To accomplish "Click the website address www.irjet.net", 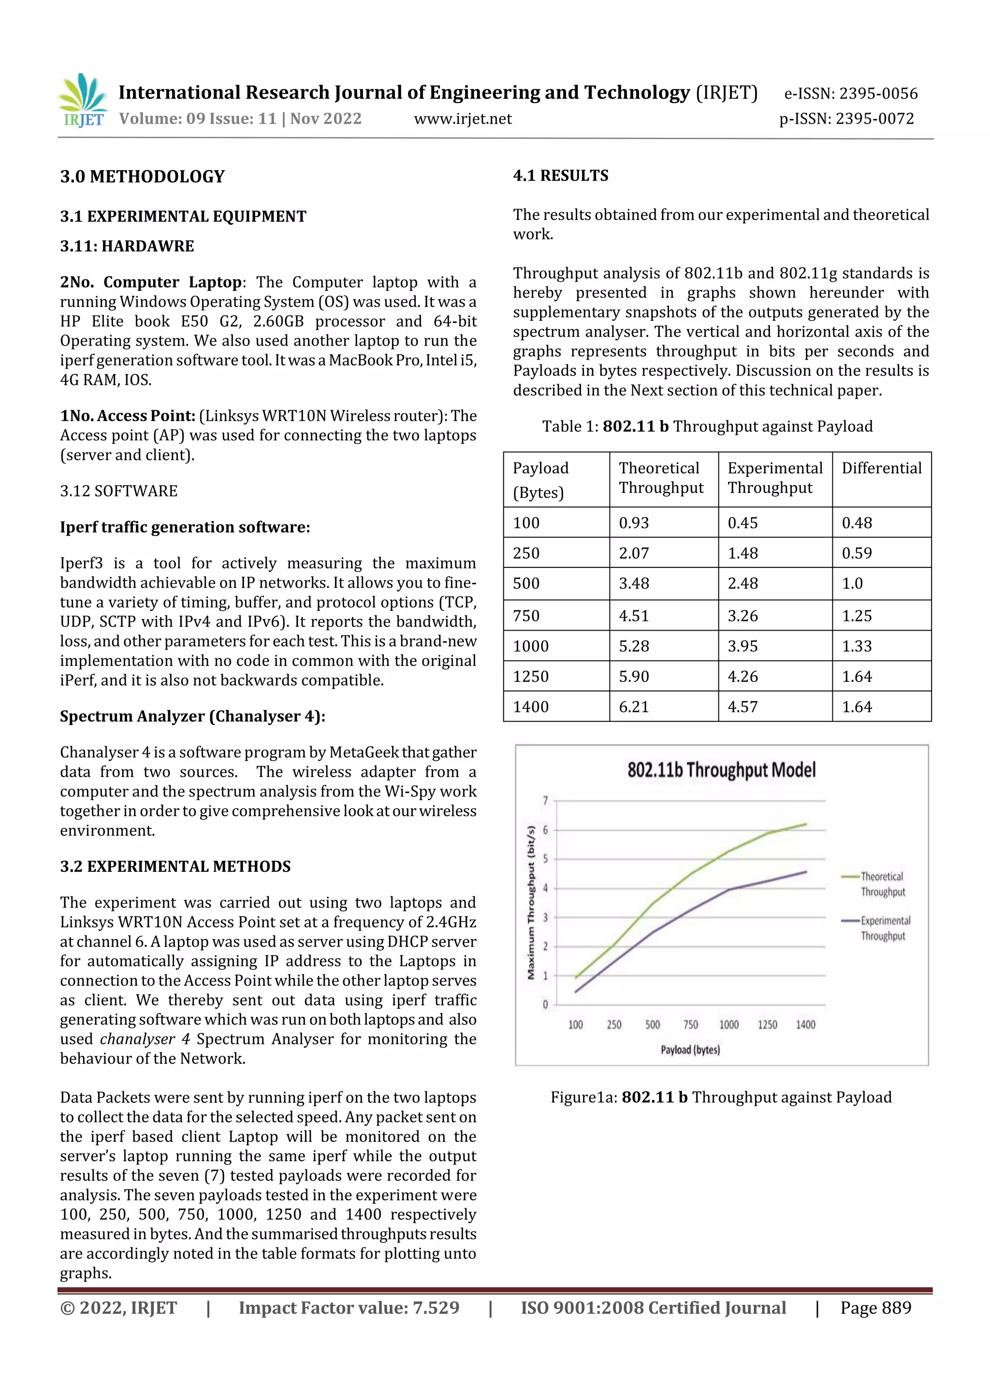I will pos(462,119).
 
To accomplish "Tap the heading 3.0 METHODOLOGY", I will pos(142,177).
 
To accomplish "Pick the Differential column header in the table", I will pos(881,468).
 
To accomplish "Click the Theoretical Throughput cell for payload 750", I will pos(634,616).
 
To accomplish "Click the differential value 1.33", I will pos(857,646).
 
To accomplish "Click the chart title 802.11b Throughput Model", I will pos(721,770).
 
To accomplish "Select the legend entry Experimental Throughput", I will pos(885,928).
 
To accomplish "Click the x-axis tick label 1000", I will pos(728,1025).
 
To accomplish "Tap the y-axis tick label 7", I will pos(545,801).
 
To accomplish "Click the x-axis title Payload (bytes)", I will pos(690,1050).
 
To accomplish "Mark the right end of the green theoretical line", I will pos(806,824).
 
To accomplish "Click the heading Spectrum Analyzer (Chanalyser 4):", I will pos(192,717).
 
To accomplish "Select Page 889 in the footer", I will pos(875,1308).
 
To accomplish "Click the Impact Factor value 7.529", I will pos(436,1308).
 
